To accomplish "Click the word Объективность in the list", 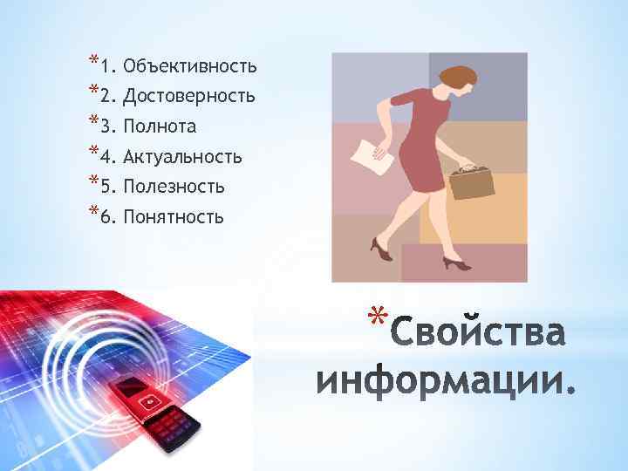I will coord(190,65).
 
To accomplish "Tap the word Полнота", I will coord(160,126).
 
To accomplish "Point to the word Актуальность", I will coord(182,157).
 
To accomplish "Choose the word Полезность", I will coord(174,187).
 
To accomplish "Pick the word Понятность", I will coord(174,216).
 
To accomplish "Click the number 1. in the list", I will coord(107,66).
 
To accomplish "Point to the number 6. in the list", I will coord(107,217).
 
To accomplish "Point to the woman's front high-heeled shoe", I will coord(456,261).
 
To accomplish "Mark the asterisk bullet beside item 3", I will coord(92,123).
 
